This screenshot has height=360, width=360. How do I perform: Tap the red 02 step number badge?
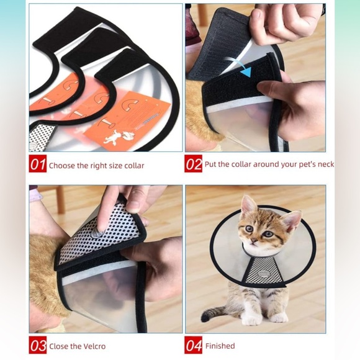194,164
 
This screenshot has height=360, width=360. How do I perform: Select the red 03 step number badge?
37,345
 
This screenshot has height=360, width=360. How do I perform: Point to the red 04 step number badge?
194,345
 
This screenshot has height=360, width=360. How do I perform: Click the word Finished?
220,346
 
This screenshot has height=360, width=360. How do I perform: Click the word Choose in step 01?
62,166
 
